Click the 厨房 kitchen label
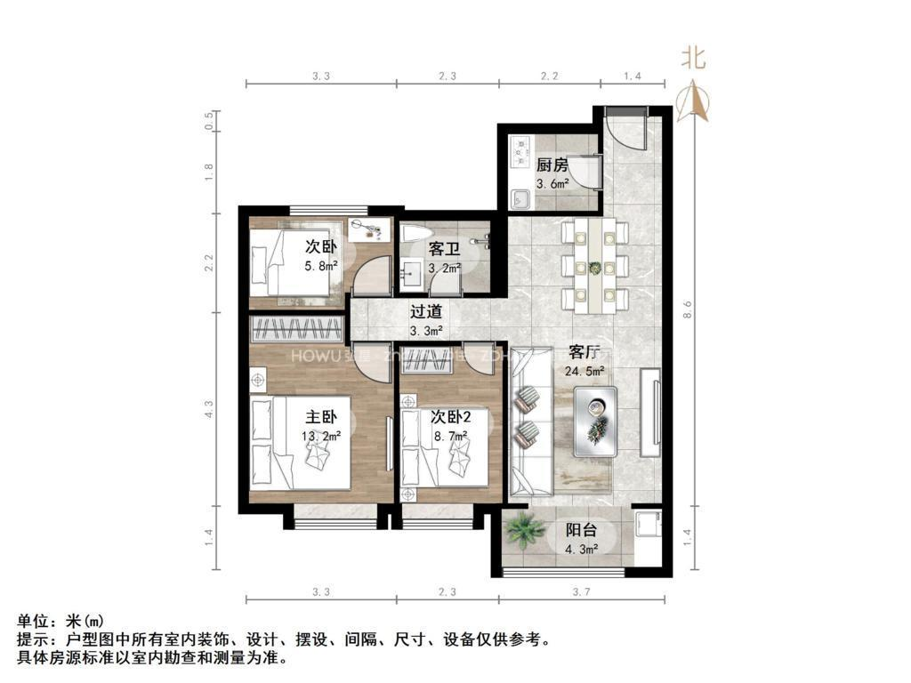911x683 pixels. click(x=552, y=165)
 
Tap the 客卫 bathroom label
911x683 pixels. click(x=444, y=249)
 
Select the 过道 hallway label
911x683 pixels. click(x=425, y=312)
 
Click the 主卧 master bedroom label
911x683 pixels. click(x=321, y=416)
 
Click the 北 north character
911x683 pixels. click(x=693, y=59)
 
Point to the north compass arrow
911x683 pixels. click(x=693, y=100)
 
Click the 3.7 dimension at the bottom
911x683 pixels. click(x=581, y=592)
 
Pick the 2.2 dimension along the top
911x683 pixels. click(x=549, y=77)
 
